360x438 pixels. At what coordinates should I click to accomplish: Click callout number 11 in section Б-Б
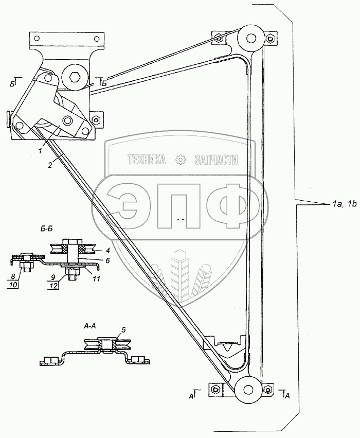click(x=96, y=278)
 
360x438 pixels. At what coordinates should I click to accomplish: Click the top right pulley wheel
click(x=251, y=39)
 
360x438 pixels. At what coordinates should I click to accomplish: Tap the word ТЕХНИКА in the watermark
click(x=147, y=160)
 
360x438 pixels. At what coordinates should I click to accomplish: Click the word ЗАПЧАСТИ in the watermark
click(x=216, y=160)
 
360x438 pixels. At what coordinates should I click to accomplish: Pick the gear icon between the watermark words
click(x=181, y=160)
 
